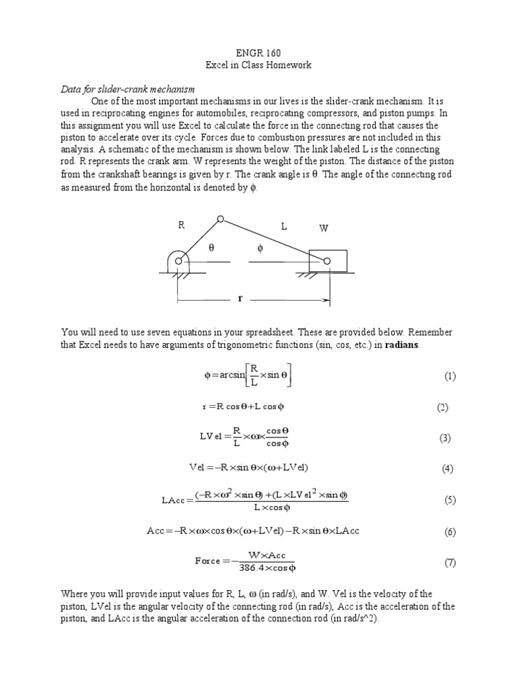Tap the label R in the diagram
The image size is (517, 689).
[181, 226]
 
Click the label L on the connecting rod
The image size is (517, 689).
[284, 227]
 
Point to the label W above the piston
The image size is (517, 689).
[323, 229]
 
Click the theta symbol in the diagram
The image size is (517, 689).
[210, 248]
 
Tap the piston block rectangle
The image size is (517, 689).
[328, 260]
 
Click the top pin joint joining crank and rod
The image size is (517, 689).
[220, 219]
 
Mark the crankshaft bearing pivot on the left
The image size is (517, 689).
[179, 261]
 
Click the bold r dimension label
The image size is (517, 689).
[239, 298]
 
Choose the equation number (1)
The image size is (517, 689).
[450, 376]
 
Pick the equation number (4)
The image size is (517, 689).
[448, 469]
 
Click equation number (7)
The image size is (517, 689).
[450, 563]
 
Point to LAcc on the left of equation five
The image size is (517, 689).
[174, 500]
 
